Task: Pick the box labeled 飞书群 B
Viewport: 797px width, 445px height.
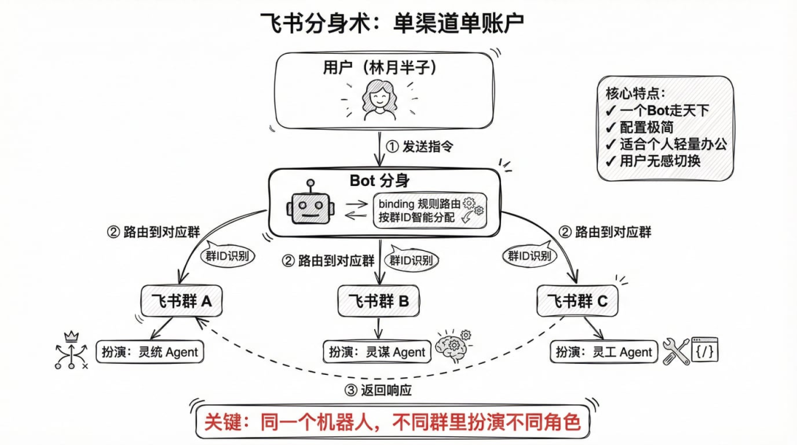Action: pyautogui.click(x=379, y=301)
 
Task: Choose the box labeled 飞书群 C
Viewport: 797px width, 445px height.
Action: pyautogui.click(x=577, y=301)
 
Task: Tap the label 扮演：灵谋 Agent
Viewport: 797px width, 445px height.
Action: pyautogui.click(x=376, y=352)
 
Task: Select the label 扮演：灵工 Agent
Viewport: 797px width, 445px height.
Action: pyautogui.click(x=603, y=352)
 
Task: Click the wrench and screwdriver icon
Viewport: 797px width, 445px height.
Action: pyautogui.click(x=675, y=351)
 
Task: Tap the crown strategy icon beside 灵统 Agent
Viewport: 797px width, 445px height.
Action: pyautogui.click(x=71, y=350)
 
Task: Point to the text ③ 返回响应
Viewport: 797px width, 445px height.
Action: pyautogui.click(x=379, y=390)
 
